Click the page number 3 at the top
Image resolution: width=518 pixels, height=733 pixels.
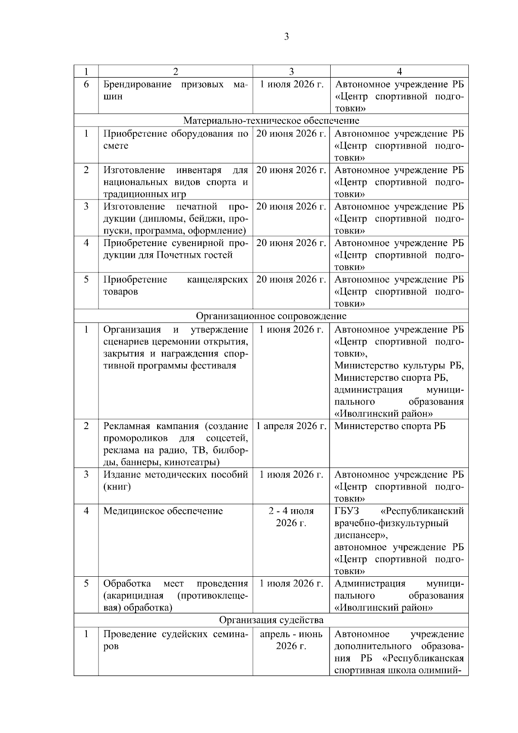pyautogui.click(x=287, y=37)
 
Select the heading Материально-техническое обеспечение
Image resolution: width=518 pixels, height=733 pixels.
pyautogui.click(x=271, y=120)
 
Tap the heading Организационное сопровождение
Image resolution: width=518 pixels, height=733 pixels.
pyautogui.click(x=271, y=316)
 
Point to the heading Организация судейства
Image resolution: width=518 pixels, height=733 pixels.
pyautogui.click(x=271, y=620)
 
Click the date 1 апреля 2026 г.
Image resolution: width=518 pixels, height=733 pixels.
pyautogui.click(x=291, y=427)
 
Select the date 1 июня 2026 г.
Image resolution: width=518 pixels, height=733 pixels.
pyautogui.click(x=291, y=330)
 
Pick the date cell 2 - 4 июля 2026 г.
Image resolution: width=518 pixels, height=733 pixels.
pyautogui.click(x=291, y=517)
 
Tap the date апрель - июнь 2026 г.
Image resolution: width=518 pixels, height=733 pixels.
pyautogui.click(x=291, y=640)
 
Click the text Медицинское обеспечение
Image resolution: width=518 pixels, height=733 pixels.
pyautogui.click(x=163, y=511)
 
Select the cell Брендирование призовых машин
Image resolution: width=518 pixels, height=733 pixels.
pyautogui.click(x=175, y=90)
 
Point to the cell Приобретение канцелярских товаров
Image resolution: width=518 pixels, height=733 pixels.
pyautogui.click(x=175, y=285)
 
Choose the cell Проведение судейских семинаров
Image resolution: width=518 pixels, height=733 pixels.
pyautogui.click(x=175, y=640)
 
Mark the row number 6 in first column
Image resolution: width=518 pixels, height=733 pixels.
pyautogui.click(x=86, y=84)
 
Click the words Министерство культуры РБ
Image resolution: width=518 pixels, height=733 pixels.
pyautogui.click(x=399, y=366)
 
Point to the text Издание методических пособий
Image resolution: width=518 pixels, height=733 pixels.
pyautogui.click(x=175, y=475)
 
